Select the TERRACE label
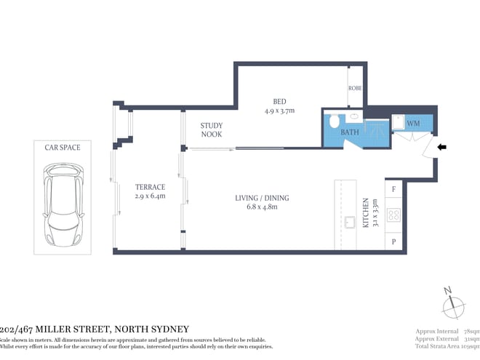[x=151, y=187]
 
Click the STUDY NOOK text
[x=212, y=129]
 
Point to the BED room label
[x=279, y=102]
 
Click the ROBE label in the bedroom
[x=355, y=87]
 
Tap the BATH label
[x=350, y=132]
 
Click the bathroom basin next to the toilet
[x=354, y=116]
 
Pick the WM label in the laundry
[x=413, y=124]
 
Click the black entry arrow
[x=441, y=148]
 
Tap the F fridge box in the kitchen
[x=393, y=189]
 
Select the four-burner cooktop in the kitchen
[x=393, y=215]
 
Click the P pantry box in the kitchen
[x=393, y=241]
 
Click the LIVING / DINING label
[x=262, y=199]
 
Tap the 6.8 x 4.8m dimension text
[x=262, y=207]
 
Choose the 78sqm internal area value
[x=471, y=331]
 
